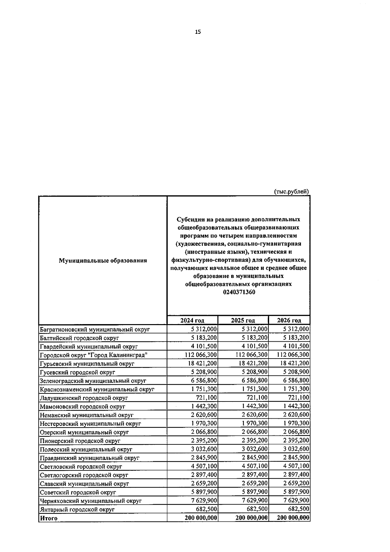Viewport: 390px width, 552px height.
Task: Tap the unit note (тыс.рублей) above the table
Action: click(292, 191)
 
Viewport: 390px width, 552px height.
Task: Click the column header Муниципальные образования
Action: click(103, 260)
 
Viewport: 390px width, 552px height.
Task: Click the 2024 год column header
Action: click(192, 320)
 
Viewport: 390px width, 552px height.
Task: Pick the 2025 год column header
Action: click(243, 320)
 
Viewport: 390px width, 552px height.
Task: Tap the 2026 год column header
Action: click(289, 320)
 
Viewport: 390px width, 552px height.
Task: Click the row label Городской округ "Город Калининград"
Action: click(94, 355)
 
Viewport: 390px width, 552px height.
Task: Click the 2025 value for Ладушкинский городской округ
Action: click(257, 398)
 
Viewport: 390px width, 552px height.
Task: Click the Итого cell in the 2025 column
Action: click(252, 518)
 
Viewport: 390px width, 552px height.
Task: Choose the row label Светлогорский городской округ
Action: click(84, 475)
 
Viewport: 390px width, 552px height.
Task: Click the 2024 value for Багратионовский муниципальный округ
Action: click(204, 329)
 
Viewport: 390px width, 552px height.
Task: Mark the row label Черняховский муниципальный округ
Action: click(91, 501)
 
